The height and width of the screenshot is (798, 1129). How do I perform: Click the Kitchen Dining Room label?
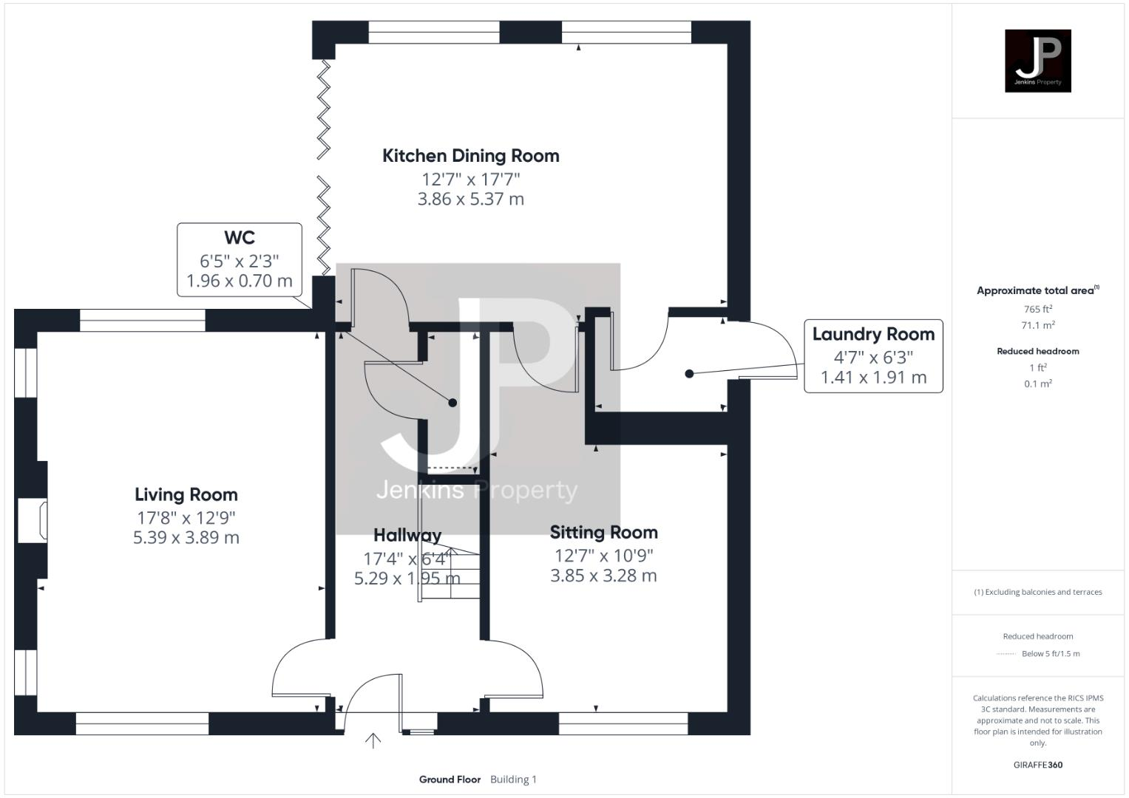tap(470, 156)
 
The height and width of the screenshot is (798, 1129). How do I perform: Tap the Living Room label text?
tap(186, 494)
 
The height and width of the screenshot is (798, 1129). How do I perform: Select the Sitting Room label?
tap(603, 532)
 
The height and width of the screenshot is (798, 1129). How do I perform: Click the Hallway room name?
tap(407, 535)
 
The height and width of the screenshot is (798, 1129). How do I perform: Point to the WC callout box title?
tap(239, 238)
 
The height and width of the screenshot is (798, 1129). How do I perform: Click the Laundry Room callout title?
tap(873, 334)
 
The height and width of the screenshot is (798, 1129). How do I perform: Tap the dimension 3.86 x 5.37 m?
tap(470, 199)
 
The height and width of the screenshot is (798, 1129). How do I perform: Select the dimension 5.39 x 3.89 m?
tap(186, 537)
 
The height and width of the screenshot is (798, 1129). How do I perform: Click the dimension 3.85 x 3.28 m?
tap(603, 575)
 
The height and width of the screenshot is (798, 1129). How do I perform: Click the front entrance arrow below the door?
tap(373, 740)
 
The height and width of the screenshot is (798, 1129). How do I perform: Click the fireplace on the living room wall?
tap(33, 521)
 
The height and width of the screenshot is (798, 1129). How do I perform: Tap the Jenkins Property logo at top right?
tap(1037, 61)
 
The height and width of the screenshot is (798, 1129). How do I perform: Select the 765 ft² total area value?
tap(1037, 310)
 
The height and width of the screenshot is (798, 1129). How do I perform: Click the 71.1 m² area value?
tap(1037, 325)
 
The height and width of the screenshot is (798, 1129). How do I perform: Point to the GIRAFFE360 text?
tap(1037, 765)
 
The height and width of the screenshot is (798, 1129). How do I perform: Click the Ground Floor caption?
tap(450, 780)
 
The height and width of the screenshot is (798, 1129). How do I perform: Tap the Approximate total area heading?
tap(1037, 290)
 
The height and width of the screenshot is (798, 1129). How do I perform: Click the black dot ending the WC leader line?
tap(452, 403)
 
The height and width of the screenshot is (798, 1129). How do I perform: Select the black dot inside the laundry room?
tap(689, 374)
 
